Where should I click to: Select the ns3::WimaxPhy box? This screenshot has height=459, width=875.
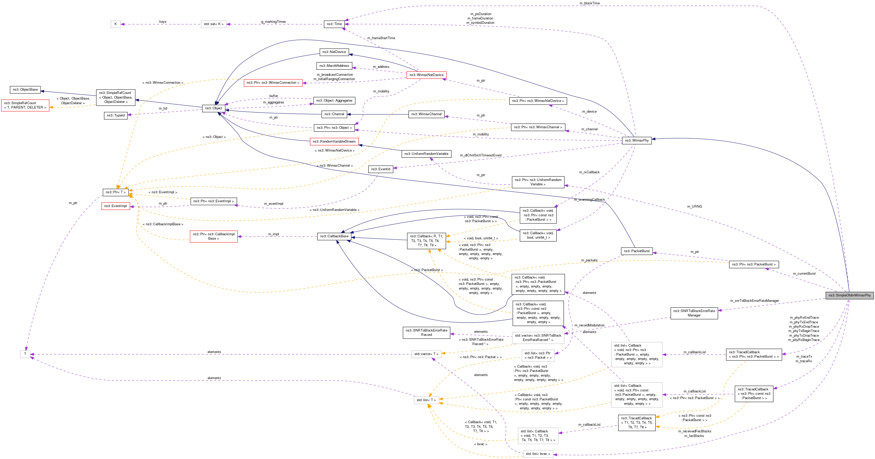(x=637, y=141)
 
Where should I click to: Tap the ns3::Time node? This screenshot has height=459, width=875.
(x=334, y=24)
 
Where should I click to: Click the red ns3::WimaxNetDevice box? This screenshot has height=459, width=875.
(x=426, y=75)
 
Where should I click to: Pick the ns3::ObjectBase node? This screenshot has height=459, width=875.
(x=25, y=90)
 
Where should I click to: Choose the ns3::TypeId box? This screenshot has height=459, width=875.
(x=116, y=115)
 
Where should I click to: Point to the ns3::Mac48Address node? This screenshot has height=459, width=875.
(x=334, y=66)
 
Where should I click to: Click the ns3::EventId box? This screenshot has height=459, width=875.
(x=380, y=169)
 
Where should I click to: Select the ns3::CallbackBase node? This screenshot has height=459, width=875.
(x=334, y=236)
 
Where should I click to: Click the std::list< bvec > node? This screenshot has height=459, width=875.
(x=538, y=454)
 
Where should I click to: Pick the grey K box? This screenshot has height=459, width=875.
(x=116, y=24)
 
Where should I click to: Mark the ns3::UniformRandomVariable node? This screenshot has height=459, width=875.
(x=426, y=154)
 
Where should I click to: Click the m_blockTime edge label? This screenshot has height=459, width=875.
(x=589, y=3)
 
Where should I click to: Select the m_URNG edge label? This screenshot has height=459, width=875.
(x=694, y=206)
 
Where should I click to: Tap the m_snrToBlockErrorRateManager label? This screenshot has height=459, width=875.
(x=754, y=301)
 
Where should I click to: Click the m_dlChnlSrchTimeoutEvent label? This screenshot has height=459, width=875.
(x=480, y=155)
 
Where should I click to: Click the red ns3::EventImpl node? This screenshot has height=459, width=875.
(x=116, y=206)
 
